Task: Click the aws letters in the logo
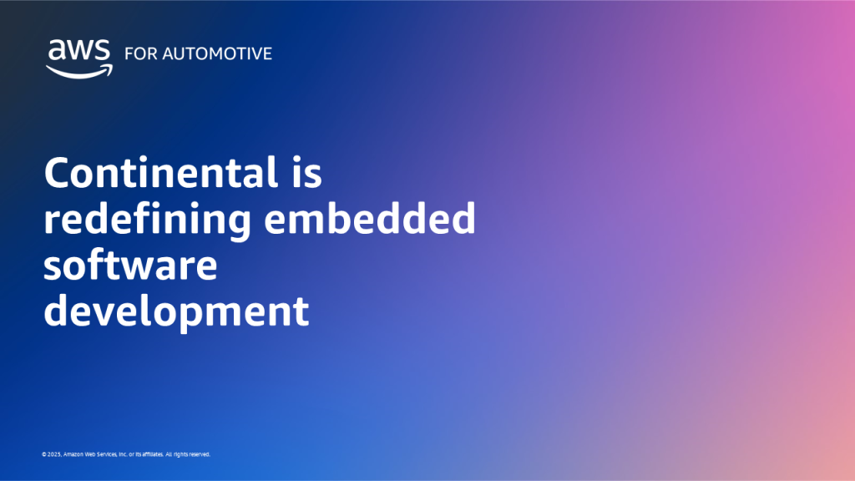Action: pos(77,51)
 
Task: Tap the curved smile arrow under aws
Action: pos(77,71)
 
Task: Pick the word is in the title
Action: pos(303,174)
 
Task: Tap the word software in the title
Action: pos(130,266)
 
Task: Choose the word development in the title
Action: pos(176,312)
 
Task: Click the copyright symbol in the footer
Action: pos(43,454)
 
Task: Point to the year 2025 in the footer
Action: pos(53,454)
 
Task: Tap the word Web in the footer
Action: pos(89,454)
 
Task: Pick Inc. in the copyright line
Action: pos(124,454)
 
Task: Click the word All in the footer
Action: pos(169,454)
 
